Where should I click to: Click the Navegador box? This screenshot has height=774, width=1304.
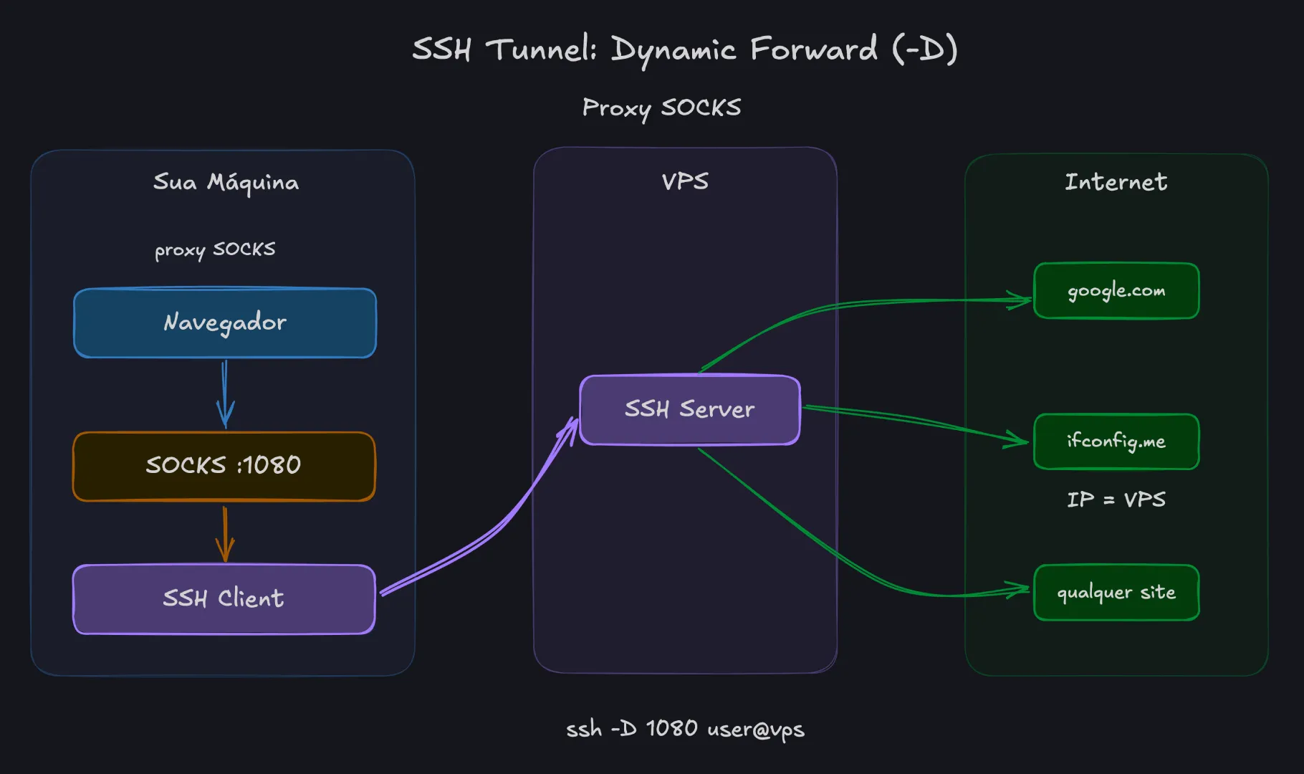[225, 322]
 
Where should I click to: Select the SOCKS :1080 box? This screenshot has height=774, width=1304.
[224, 466]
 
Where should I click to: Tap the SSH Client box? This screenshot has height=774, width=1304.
[224, 599]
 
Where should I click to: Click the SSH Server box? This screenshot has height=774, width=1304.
[689, 410]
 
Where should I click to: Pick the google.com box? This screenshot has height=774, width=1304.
[1116, 291]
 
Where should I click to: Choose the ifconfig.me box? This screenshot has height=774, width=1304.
[1116, 441]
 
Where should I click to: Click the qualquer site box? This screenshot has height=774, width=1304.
[1116, 593]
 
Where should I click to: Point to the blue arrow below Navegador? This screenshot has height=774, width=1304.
[225, 394]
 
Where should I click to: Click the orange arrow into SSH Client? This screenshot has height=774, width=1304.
[225, 534]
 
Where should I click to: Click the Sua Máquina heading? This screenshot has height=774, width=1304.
[226, 183]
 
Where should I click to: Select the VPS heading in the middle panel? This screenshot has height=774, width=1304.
[685, 181]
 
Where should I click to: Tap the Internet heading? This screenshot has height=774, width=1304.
[1116, 182]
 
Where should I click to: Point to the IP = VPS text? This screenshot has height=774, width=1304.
[1116, 500]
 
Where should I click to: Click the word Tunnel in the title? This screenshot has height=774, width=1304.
[541, 49]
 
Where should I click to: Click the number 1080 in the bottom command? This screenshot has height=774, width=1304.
[671, 728]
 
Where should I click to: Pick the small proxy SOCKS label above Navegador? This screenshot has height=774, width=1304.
[215, 249]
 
